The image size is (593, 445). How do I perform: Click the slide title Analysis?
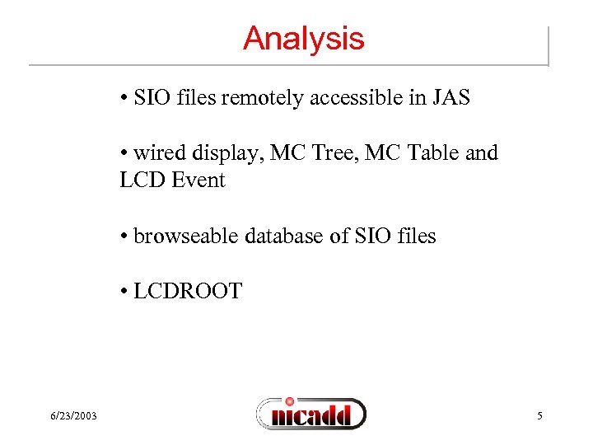[x=303, y=39]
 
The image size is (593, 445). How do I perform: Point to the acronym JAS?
[x=449, y=98]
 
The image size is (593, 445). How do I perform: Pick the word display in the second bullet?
[x=222, y=154]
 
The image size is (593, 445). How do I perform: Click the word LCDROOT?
[x=189, y=291]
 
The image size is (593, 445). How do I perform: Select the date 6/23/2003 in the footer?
[x=72, y=415]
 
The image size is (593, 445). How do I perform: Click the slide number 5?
[x=539, y=415]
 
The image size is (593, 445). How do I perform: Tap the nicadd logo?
[x=311, y=413]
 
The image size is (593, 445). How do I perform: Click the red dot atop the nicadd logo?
[x=289, y=400]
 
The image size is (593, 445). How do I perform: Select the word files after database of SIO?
[x=413, y=236]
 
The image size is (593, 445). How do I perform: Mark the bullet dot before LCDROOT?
[x=124, y=292]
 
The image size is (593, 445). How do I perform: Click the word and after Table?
[x=481, y=153]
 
